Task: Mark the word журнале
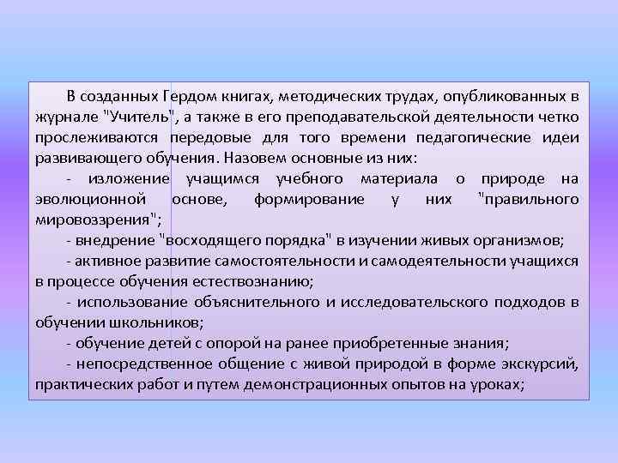point(67,117)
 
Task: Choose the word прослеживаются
point(97,137)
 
